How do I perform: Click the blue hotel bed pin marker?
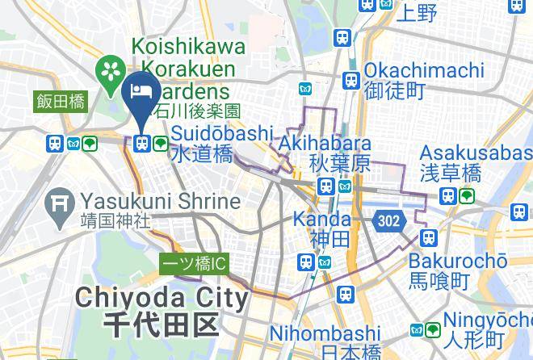pos(144,91)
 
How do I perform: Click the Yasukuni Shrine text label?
pos(161,200)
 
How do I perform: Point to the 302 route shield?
pos(388,220)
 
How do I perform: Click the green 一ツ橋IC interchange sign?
pos(195,263)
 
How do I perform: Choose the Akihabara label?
pos(325,144)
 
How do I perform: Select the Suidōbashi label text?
pos(221,132)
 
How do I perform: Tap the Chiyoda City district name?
pos(162,299)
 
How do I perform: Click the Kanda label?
pos(321,219)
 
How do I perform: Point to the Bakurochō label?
pos(457,261)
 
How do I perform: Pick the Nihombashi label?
pos(325,333)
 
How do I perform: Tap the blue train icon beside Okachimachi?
pos(350,81)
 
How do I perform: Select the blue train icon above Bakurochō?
pos(428,237)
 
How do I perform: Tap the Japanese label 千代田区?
pos(162,325)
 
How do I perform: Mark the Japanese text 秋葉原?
pos(339,164)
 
